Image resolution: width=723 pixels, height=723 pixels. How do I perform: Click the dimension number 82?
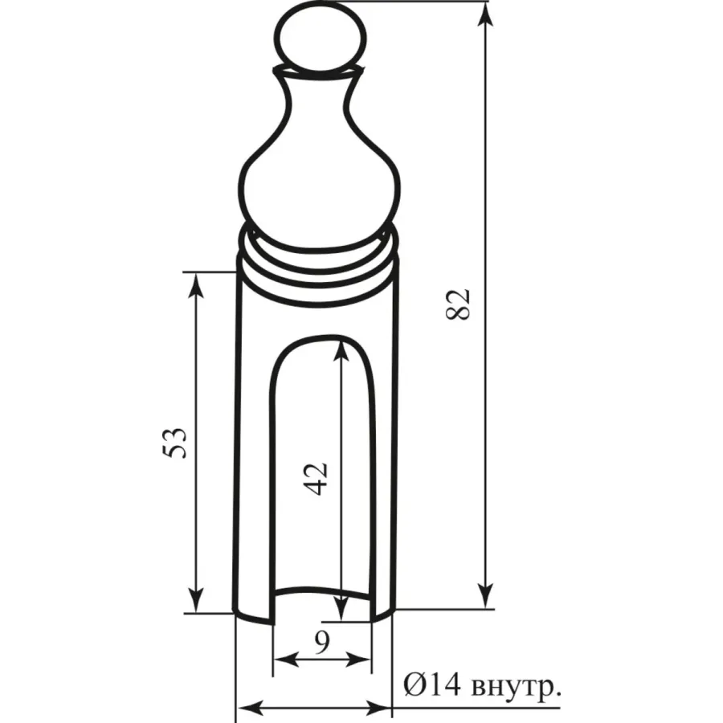pyautogui.click(x=458, y=304)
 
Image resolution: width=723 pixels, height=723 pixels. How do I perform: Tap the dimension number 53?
pyautogui.click(x=175, y=443)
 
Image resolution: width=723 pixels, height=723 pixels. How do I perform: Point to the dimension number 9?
pyautogui.click(x=322, y=643)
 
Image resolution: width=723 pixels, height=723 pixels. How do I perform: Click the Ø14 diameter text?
pyautogui.click(x=432, y=686)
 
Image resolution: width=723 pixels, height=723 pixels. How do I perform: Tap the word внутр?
pyautogui.click(x=517, y=688)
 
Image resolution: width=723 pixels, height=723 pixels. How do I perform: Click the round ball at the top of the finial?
pyautogui.click(x=320, y=37)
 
